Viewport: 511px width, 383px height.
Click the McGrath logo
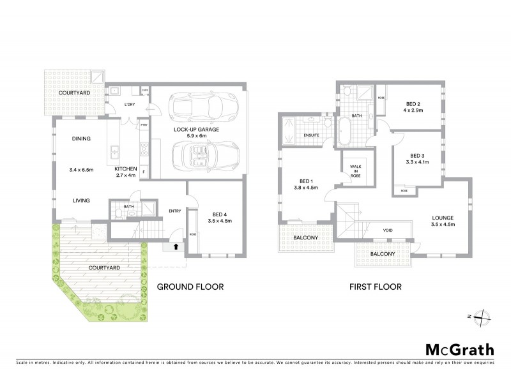click(459, 349)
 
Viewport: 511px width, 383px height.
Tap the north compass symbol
click(484, 316)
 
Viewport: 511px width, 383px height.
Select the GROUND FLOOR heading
click(190, 287)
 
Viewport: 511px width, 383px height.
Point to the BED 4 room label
click(220, 213)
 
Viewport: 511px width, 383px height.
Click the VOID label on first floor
click(388, 230)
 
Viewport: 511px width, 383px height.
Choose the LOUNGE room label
click(442, 218)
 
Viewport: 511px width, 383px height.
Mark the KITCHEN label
click(126, 169)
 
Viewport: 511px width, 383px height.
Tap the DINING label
click(81, 139)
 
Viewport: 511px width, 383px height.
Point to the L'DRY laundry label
click(130, 104)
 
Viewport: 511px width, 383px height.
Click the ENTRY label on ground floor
click(174, 211)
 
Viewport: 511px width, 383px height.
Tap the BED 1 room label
click(299, 181)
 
